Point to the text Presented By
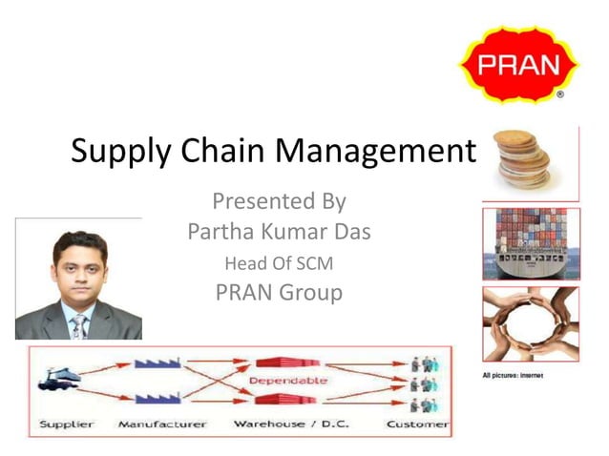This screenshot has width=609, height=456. pyautogui.click(x=278, y=201)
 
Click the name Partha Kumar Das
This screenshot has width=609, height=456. pyautogui.click(x=278, y=232)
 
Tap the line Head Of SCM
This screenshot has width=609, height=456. pyautogui.click(x=278, y=262)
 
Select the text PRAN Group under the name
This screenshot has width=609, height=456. pyautogui.click(x=278, y=292)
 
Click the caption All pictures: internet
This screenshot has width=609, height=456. pyautogui.click(x=513, y=376)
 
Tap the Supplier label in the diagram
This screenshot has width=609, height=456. pyautogui.click(x=68, y=424)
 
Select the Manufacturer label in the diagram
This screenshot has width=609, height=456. pyautogui.click(x=161, y=424)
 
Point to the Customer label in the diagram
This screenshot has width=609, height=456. pyautogui.click(x=417, y=424)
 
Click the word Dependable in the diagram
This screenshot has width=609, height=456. pyautogui.click(x=285, y=382)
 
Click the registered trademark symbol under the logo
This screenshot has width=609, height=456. pyautogui.click(x=560, y=95)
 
